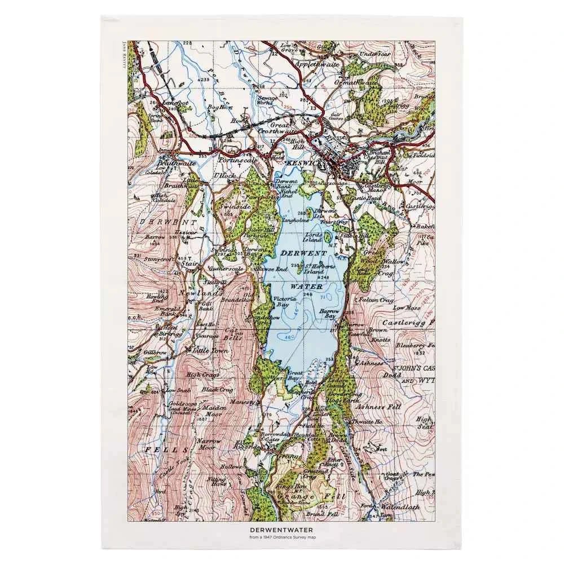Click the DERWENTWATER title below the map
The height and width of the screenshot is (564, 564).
pos(281,530)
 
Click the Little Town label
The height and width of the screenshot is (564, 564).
pos(209,350)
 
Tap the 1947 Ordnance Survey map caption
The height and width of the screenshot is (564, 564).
pos(281,537)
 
